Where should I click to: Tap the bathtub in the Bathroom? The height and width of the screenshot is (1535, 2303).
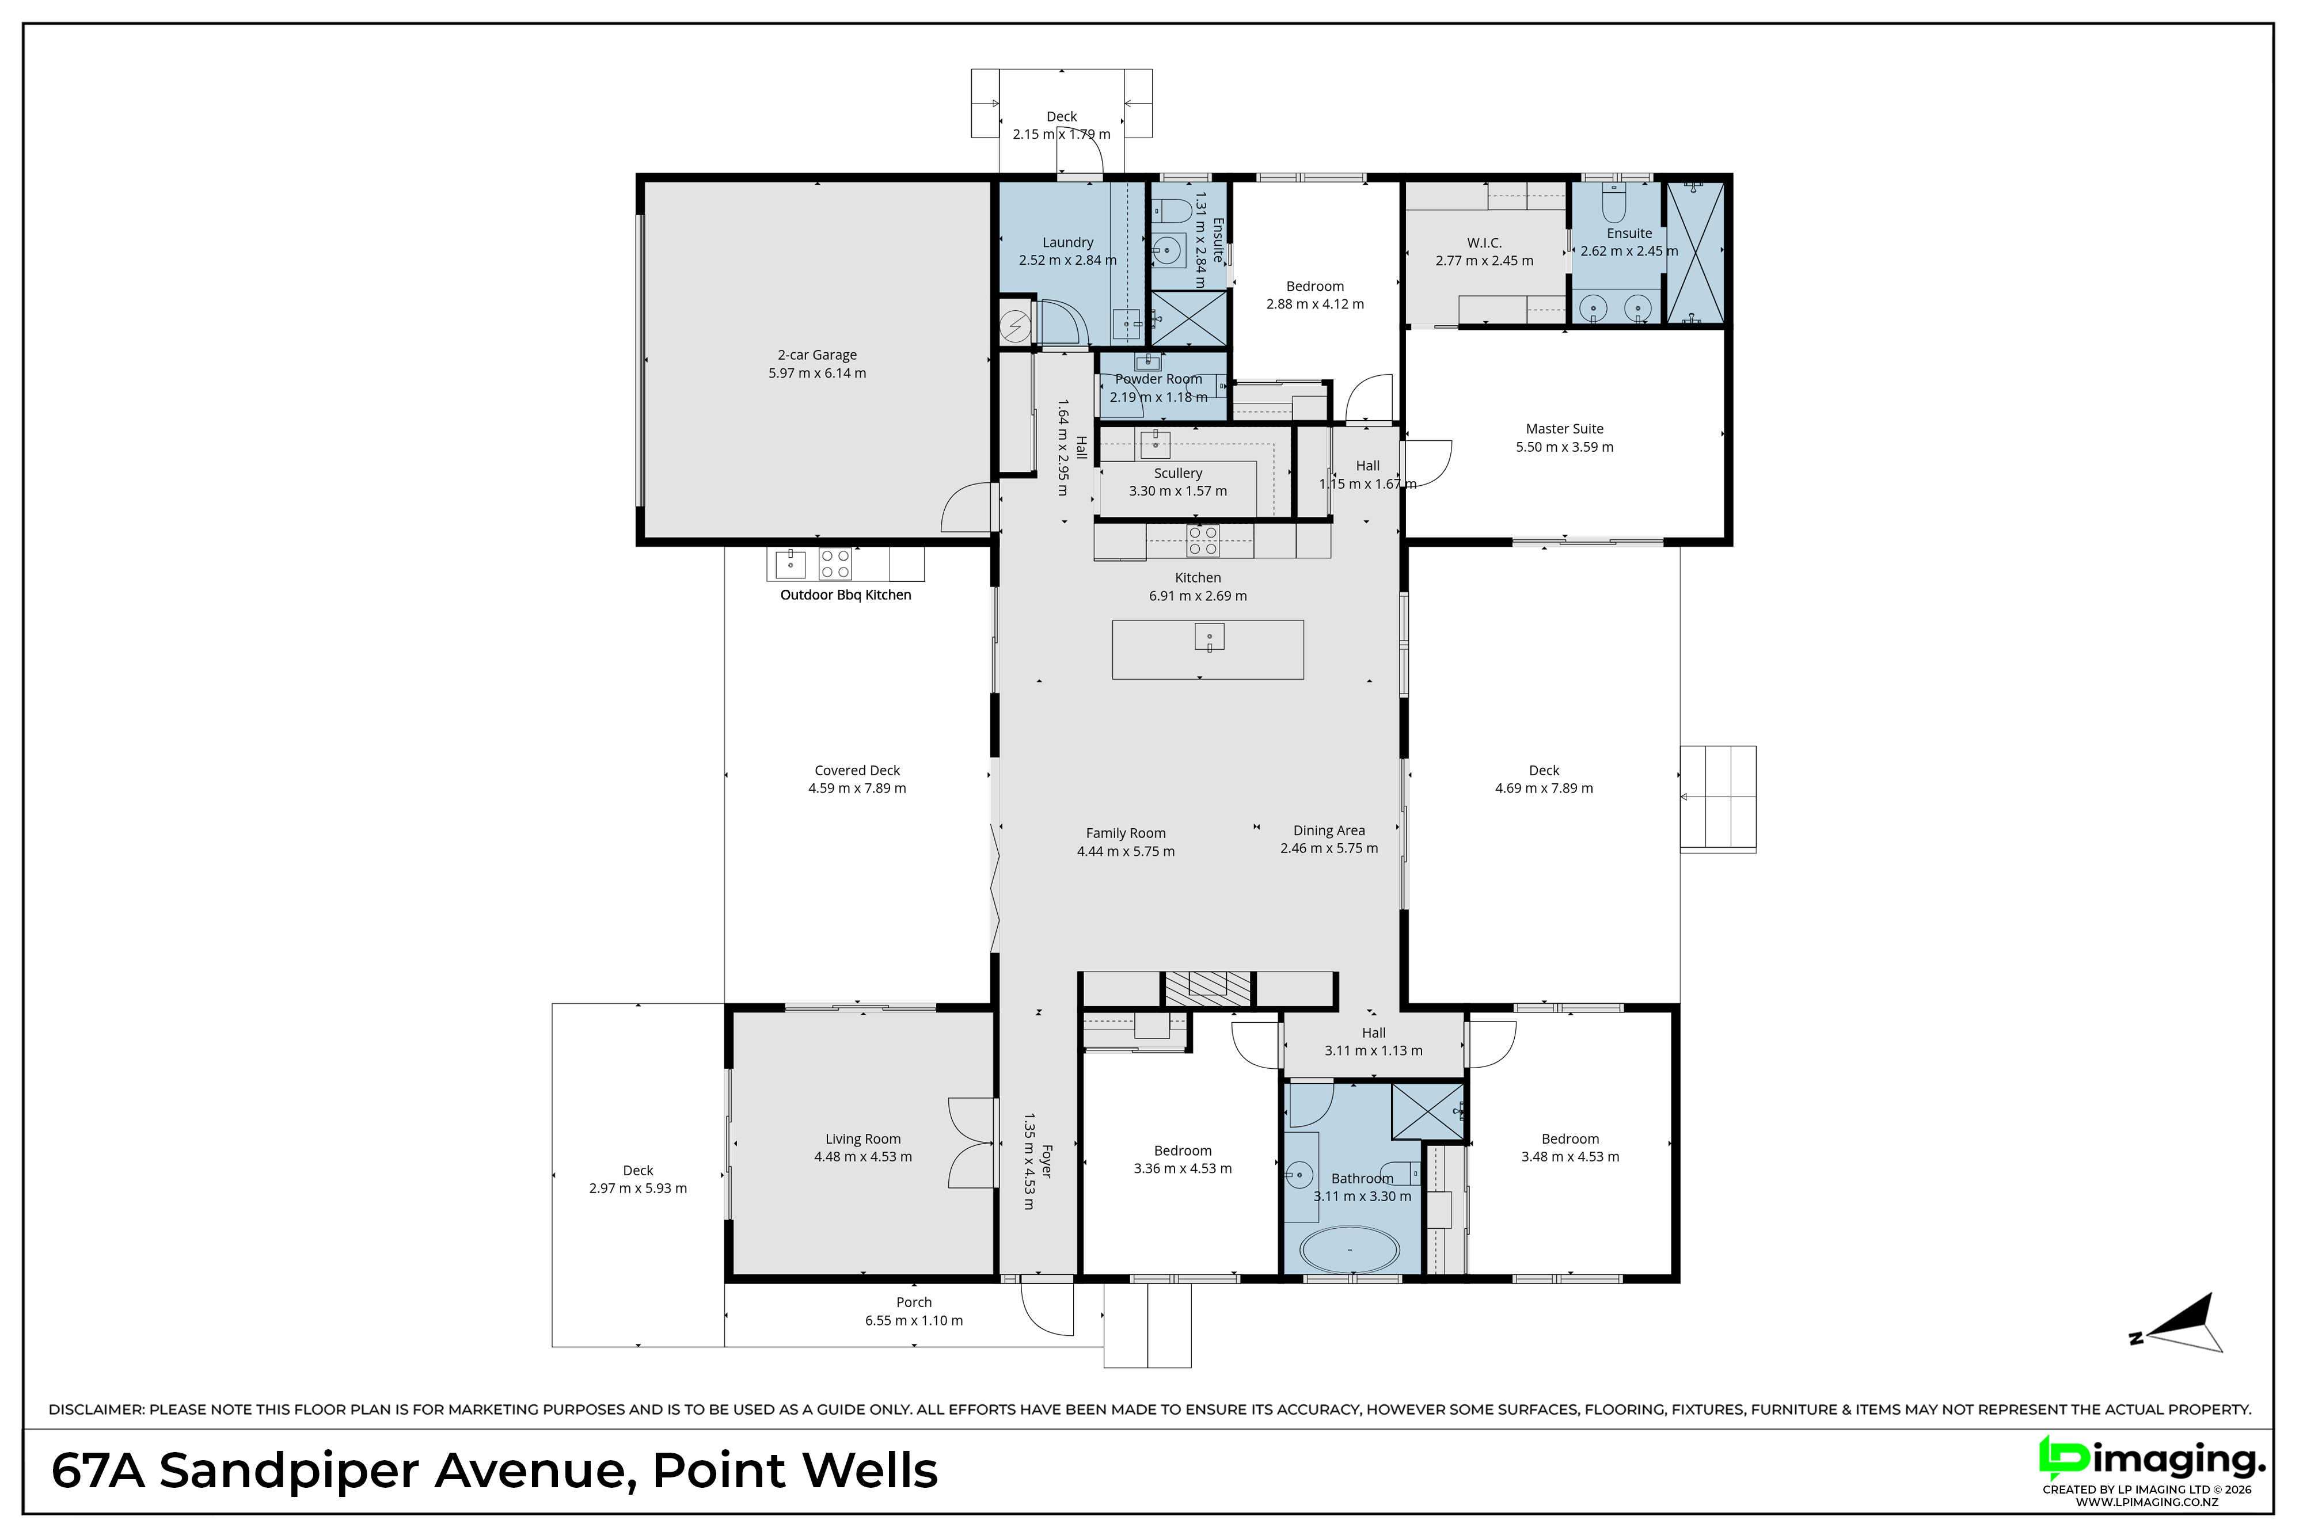click(x=1350, y=1251)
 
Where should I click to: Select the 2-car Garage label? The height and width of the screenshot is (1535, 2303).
click(x=818, y=355)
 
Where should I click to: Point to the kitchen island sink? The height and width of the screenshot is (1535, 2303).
click(x=1209, y=637)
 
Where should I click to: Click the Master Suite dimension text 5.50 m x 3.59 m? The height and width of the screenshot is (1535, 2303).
click(x=1565, y=447)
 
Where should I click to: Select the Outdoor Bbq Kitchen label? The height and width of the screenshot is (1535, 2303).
click(x=846, y=595)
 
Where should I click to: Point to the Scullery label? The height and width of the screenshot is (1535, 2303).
click(x=1178, y=474)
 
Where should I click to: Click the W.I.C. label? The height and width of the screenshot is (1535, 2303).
click(x=1484, y=243)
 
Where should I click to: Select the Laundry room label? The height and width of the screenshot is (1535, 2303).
click(x=1067, y=243)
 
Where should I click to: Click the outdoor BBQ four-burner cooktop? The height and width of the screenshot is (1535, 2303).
click(x=835, y=564)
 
